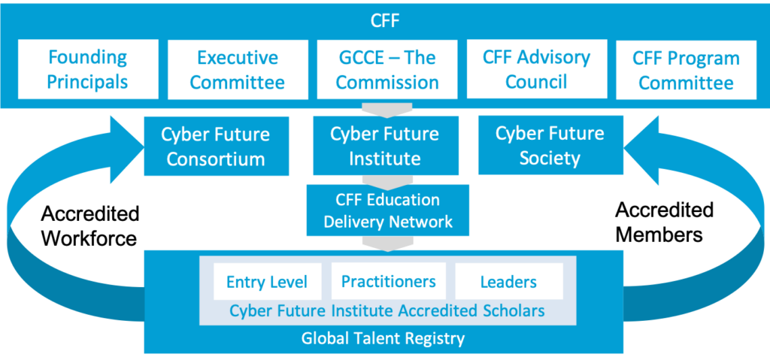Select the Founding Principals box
[x=87, y=69]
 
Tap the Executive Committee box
[x=237, y=69]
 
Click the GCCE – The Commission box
[x=387, y=69]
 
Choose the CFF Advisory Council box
[x=536, y=69]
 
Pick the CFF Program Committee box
[x=686, y=69]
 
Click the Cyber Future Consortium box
[x=216, y=147]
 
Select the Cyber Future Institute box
[x=386, y=147]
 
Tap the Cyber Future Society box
[x=550, y=145]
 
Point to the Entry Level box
[x=267, y=282]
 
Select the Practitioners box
[x=388, y=282]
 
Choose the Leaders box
[x=508, y=282]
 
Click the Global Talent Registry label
[x=383, y=338]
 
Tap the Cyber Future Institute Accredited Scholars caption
[x=387, y=310]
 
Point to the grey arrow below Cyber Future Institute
[x=386, y=180]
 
